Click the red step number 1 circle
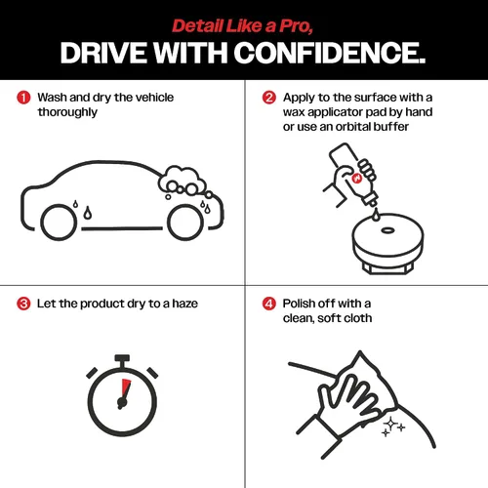23,98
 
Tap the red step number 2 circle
269,98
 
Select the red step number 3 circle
23,304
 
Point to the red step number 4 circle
269,304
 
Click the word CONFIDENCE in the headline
329,53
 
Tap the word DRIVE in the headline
103,53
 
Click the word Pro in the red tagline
296,26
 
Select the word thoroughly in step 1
67,112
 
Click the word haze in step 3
184,304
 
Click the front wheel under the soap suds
185,223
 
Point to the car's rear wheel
59,223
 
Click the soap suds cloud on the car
183,183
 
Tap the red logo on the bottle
357,179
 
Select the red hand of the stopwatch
126,389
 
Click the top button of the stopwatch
122,358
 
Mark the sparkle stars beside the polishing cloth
392,427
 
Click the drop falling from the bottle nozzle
376,215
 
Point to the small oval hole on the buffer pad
387,230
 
